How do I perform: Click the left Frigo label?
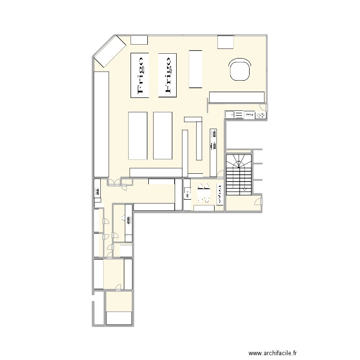coord(139,74)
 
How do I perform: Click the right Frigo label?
coord(167,74)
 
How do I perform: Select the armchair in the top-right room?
coord(240,70)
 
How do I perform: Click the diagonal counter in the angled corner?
coord(110,52)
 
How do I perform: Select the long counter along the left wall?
coord(101,124)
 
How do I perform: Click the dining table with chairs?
coord(204,193)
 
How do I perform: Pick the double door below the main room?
coord(115,181)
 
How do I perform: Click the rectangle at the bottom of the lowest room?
coord(119,318)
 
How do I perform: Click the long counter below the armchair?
coord(237,97)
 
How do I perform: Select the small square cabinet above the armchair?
coord(225,42)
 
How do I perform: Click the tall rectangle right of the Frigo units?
coord(195,69)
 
